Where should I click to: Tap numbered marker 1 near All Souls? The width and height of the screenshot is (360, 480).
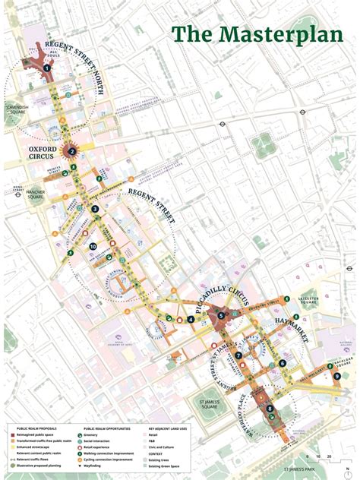pos(47,68)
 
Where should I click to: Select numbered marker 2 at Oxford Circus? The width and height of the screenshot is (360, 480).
pos(72,151)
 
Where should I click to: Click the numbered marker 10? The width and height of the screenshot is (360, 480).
pos(93,246)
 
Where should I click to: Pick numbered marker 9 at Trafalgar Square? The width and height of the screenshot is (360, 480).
pos(336,376)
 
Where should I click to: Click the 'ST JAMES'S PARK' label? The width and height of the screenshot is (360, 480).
pos(311,418)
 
